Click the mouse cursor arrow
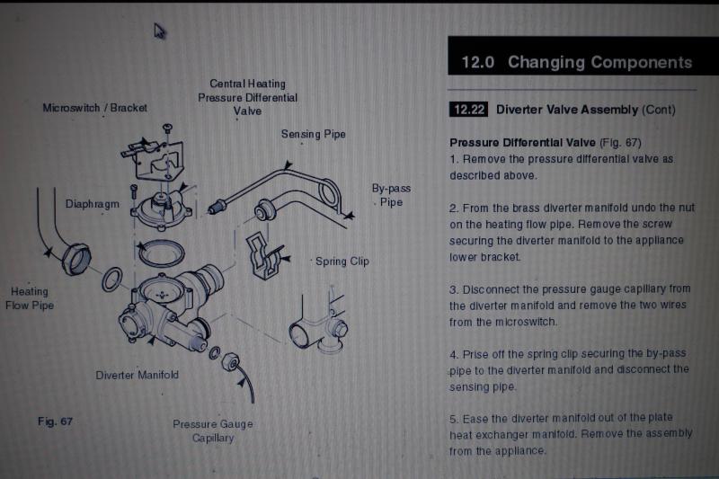(x=159, y=31)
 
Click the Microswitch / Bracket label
(x=95, y=108)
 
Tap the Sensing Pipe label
(x=313, y=134)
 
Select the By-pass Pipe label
(x=391, y=195)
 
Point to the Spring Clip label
(x=342, y=262)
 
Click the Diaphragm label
(x=93, y=204)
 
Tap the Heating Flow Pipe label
(x=30, y=298)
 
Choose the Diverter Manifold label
(x=138, y=375)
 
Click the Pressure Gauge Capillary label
(x=213, y=430)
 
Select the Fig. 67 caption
(x=55, y=421)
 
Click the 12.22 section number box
(x=468, y=110)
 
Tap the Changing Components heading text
(x=599, y=62)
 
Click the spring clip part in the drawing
(x=262, y=256)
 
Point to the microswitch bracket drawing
(x=154, y=157)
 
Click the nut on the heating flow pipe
(x=76, y=260)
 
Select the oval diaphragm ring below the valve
(x=162, y=253)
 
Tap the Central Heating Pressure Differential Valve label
(x=248, y=98)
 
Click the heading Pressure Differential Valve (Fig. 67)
(x=546, y=143)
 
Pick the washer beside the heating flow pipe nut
(x=111, y=279)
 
